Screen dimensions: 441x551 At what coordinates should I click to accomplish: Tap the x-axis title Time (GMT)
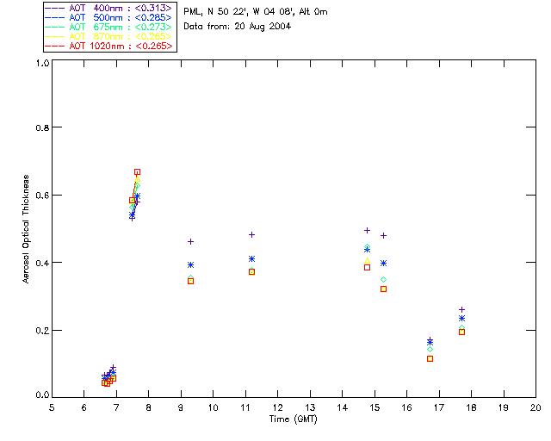pos(293,419)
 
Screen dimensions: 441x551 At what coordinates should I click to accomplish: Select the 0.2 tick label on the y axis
pos(40,330)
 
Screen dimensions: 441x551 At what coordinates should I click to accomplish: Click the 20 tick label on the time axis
pos(536,407)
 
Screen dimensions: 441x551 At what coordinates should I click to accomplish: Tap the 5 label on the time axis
pos(52,407)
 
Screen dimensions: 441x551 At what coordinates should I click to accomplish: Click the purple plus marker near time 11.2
pos(251,234)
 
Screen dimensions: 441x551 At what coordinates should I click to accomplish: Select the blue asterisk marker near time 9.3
pos(190,264)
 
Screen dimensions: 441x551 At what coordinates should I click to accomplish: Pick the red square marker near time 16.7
pos(430,358)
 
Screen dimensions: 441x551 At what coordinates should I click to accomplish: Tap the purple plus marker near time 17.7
pos(461,309)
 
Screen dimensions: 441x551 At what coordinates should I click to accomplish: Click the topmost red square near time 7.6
pos(137,172)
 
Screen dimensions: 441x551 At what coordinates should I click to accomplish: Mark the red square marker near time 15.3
pos(383,289)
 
